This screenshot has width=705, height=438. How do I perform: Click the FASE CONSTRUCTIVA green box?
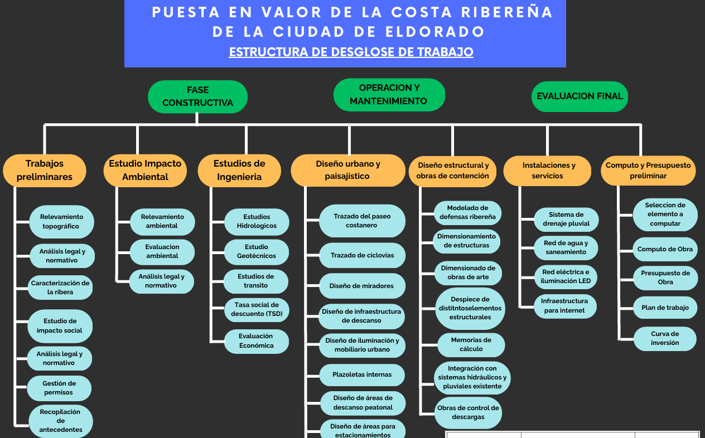[x=197, y=96]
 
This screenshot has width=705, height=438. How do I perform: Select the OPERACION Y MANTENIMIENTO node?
[x=389, y=95]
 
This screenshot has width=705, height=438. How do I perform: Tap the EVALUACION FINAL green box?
[x=580, y=96]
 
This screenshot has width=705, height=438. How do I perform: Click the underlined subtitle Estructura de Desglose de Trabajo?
[x=351, y=52]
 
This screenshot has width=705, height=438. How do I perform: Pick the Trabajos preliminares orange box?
[x=45, y=171]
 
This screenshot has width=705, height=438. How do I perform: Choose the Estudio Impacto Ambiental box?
[x=145, y=171]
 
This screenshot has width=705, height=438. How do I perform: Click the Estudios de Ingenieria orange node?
[x=239, y=171]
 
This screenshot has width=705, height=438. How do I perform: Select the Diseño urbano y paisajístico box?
[x=348, y=170]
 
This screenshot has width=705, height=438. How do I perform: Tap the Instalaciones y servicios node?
[x=547, y=171]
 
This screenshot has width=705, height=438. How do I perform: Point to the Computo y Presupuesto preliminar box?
[x=648, y=171]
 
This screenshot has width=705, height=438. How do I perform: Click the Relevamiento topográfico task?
[x=62, y=222]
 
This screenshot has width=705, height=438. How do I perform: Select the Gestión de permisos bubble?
[x=59, y=388]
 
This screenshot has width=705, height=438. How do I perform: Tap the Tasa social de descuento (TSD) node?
[x=257, y=310]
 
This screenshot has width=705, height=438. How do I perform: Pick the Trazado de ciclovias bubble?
[x=362, y=255]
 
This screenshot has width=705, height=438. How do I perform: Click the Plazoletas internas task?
[x=362, y=375]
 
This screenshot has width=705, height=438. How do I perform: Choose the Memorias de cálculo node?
[x=471, y=344]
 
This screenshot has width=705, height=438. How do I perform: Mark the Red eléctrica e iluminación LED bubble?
[x=566, y=277]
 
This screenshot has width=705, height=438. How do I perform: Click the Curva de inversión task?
[x=665, y=339]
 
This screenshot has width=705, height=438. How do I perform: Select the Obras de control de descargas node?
[x=468, y=412]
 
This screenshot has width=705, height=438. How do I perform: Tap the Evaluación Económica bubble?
[x=257, y=341]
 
